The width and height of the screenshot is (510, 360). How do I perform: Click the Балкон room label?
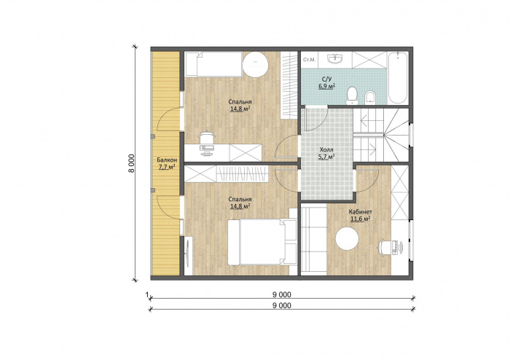(x=167, y=160)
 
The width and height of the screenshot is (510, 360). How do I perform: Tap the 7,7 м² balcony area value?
(x=167, y=167)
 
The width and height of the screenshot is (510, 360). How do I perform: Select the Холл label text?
(x=326, y=149)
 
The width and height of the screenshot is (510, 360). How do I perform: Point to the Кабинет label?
(x=361, y=212)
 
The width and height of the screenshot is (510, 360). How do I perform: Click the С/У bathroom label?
(x=326, y=79)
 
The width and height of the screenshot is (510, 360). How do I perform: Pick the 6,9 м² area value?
(x=327, y=86)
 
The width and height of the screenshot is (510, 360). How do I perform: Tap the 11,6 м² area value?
(x=361, y=219)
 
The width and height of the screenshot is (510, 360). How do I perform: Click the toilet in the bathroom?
(x=352, y=95)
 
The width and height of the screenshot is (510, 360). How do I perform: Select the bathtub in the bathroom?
(x=398, y=78)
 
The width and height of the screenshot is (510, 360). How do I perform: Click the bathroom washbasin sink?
(x=335, y=58)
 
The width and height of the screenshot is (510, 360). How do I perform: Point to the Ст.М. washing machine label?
(x=309, y=60)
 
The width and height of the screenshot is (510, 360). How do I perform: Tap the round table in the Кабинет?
(x=347, y=239)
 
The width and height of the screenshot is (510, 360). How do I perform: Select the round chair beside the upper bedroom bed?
(x=255, y=64)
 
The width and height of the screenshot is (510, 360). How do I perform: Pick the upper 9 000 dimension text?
(x=282, y=294)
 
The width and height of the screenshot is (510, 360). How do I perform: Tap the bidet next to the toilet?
(x=370, y=98)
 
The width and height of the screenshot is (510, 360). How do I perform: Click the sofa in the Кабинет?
(x=313, y=240)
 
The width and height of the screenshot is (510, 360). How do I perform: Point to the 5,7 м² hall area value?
(x=326, y=157)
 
